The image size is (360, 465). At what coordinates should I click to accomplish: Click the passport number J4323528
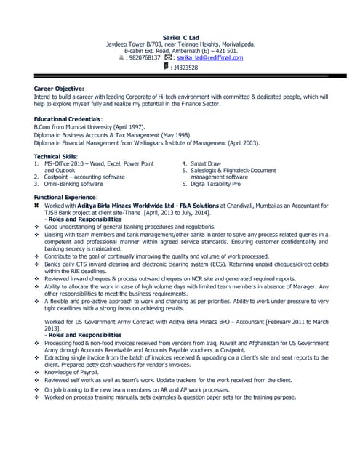[x=185, y=67]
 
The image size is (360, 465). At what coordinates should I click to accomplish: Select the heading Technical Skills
[x=56, y=156]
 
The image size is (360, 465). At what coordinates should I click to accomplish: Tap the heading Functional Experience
[x=65, y=198]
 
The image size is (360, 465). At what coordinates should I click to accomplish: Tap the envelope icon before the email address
[x=168, y=57]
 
